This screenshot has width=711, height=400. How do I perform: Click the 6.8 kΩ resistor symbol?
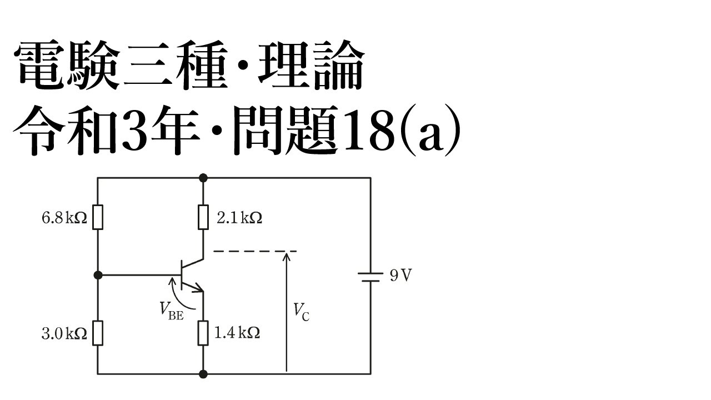click(x=98, y=217)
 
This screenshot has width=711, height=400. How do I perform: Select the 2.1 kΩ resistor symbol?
click(x=203, y=217)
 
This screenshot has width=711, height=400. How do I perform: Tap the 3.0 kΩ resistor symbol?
click(x=98, y=333)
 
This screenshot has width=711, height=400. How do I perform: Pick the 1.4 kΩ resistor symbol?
click(x=203, y=333)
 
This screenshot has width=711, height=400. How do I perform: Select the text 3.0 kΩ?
click(x=64, y=334)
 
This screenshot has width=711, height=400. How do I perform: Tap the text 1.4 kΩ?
click(x=237, y=334)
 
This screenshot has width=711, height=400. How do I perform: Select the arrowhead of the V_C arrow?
click(x=286, y=256)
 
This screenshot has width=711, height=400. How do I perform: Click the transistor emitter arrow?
click(x=197, y=288)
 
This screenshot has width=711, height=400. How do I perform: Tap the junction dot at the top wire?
click(x=203, y=178)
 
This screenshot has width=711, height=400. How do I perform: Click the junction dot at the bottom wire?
click(x=203, y=374)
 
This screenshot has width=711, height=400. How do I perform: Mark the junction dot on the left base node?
click(x=98, y=274)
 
